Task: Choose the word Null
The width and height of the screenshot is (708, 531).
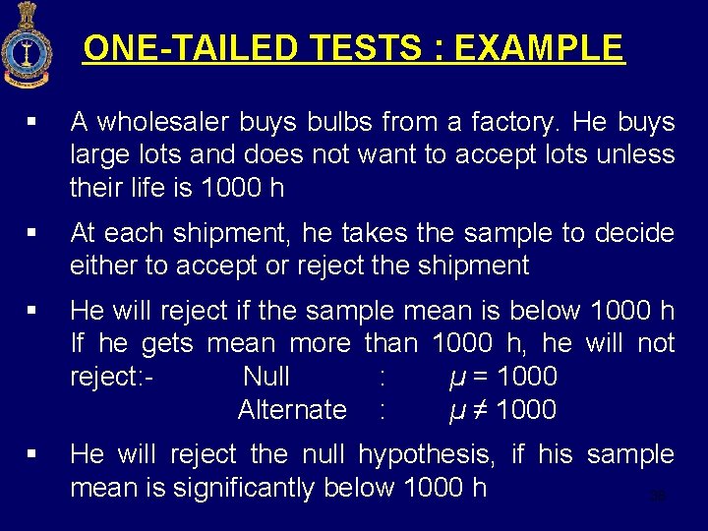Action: click(265, 377)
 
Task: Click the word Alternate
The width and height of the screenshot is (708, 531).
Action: click(292, 410)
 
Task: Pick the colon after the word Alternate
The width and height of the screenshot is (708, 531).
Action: click(382, 410)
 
